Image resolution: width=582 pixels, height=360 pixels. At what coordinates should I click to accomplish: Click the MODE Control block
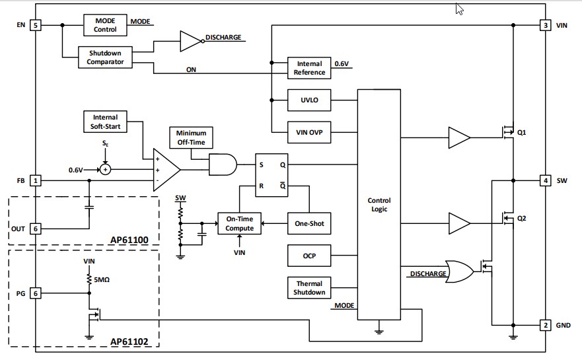click(105, 25)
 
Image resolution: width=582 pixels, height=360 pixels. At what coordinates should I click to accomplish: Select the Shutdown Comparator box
click(105, 57)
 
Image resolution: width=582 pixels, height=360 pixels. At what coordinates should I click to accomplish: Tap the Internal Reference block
click(309, 68)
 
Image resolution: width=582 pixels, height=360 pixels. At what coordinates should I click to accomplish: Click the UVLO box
click(309, 100)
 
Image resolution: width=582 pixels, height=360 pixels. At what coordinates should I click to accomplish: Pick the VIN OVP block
click(309, 131)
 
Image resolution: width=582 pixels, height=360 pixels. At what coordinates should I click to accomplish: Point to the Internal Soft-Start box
click(105, 122)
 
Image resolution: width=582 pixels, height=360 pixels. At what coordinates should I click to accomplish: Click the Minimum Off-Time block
click(191, 137)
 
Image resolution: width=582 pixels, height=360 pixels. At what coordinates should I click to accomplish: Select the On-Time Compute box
click(240, 223)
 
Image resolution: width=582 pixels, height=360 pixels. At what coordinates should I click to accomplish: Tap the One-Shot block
click(309, 223)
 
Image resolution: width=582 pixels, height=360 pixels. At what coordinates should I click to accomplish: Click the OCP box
click(309, 254)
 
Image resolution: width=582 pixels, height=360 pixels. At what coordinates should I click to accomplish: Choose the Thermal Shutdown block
click(309, 288)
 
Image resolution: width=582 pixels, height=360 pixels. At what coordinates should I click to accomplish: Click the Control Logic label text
click(379, 204)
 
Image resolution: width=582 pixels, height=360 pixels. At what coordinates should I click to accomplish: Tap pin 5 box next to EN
click(36, 25)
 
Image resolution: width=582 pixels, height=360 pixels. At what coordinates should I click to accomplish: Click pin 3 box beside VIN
click(545, 25)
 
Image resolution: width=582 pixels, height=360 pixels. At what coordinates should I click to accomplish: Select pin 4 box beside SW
click(545, 180)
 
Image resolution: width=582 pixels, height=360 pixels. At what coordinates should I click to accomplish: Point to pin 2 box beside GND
click(545, 325)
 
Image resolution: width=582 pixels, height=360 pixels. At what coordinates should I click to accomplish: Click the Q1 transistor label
click(522, 132)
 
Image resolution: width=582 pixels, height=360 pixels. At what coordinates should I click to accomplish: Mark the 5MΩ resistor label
click(101, 279)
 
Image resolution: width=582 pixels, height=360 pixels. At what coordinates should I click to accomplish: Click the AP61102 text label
click(129, 342)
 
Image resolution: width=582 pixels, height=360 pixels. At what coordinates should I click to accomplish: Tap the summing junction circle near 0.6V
click(105, 170)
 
